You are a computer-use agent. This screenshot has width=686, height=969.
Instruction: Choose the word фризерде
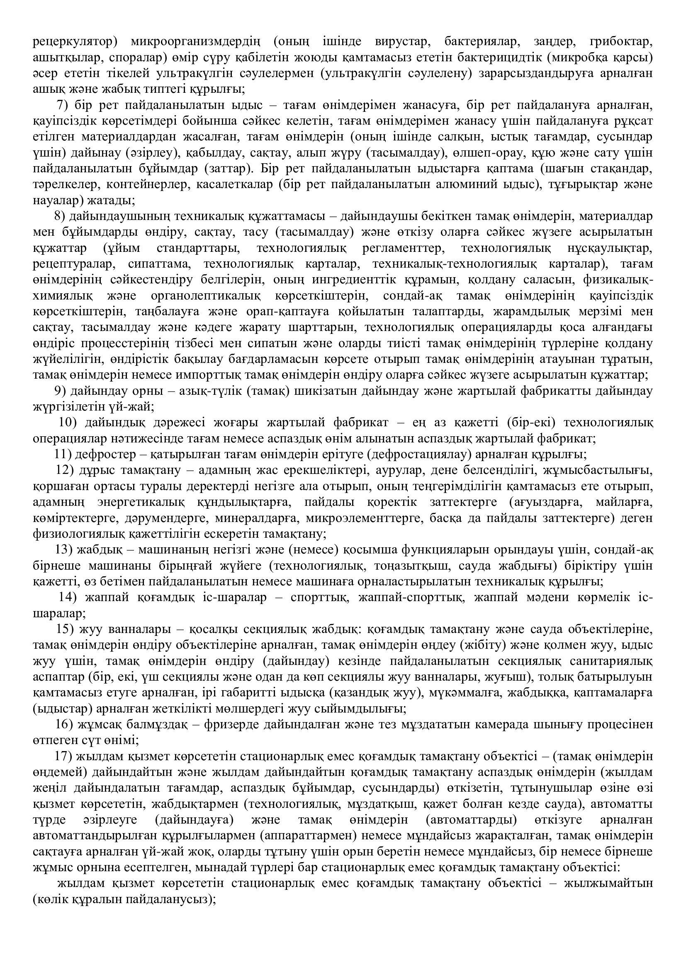pyautogui.click(x=230, y=725)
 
